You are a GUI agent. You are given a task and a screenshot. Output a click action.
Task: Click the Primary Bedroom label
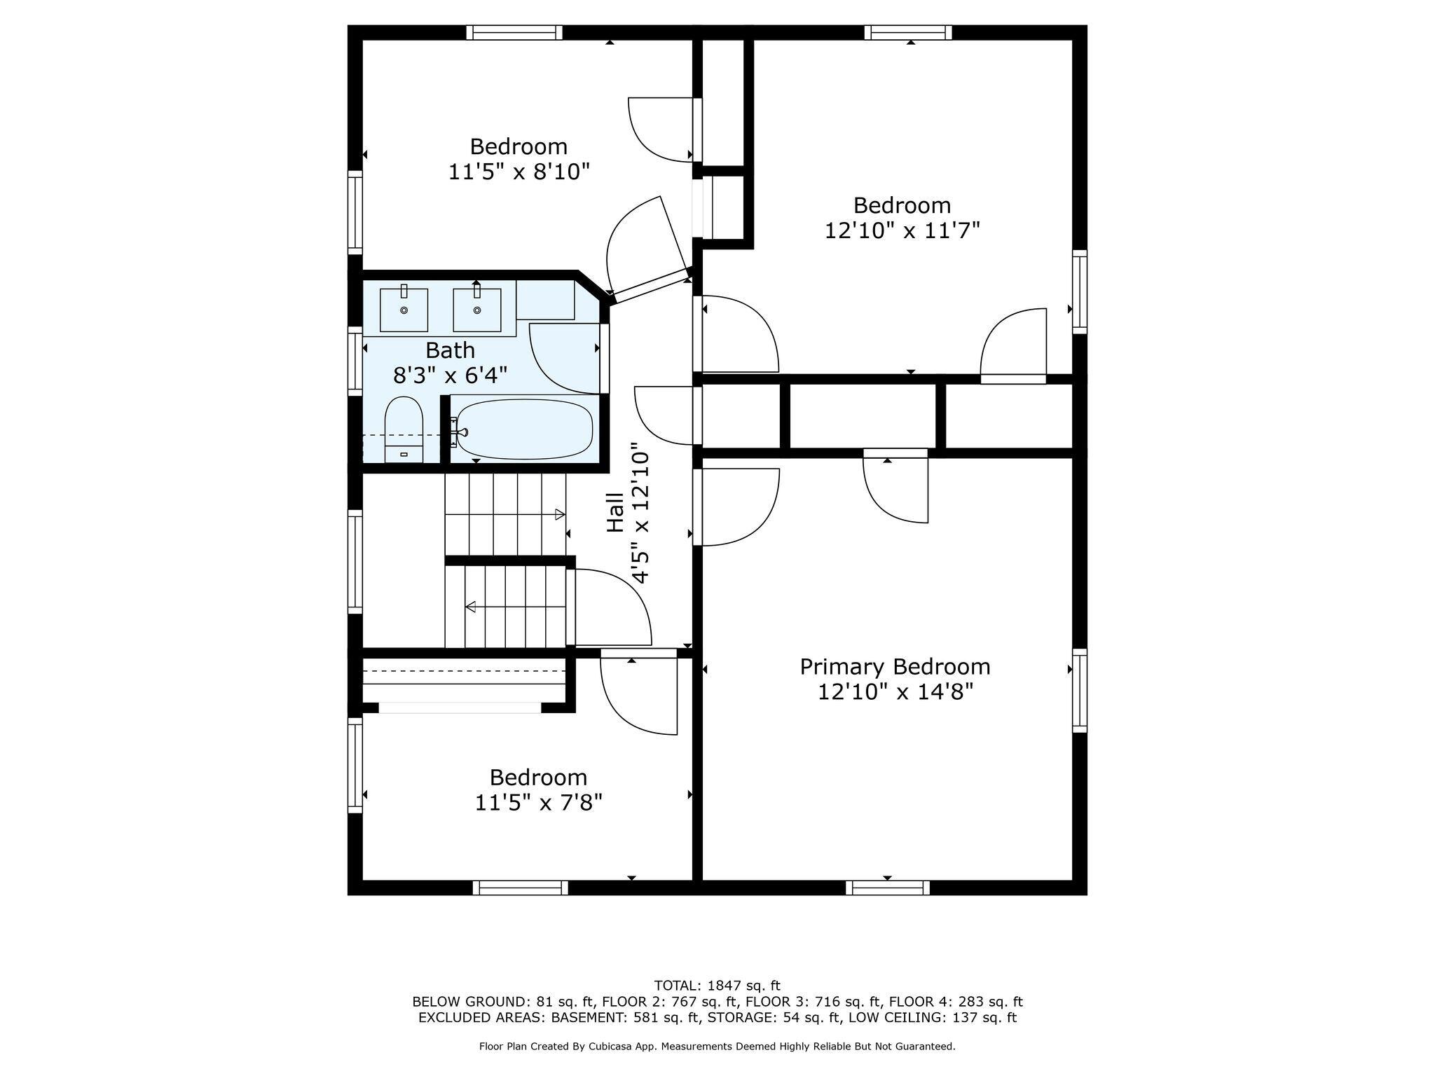tap(895, 666)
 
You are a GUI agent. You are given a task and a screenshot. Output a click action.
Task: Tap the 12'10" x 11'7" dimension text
tap(902, 230)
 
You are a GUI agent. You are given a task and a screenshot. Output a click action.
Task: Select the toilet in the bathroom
tap(404, 429)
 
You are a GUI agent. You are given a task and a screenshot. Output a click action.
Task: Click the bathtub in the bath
tap(525, 429)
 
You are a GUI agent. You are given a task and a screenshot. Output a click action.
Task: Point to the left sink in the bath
tap(404, 310)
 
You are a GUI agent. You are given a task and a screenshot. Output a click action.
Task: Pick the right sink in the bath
tap(477, 310)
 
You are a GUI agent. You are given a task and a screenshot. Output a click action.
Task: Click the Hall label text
tap(615, 512)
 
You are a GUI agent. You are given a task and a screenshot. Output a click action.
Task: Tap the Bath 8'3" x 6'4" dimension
tap(450, 375)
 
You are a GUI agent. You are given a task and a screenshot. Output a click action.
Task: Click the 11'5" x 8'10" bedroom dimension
tap(519, 172)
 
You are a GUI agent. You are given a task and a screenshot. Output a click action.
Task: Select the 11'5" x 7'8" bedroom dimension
tap(538, 802)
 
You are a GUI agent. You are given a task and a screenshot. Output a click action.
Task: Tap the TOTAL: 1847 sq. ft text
tap(717, 986)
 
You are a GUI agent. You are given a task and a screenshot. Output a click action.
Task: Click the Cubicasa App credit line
tap(717, 1047)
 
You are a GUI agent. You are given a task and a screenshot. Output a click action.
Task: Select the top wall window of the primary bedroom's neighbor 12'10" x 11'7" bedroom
tap(908, 32)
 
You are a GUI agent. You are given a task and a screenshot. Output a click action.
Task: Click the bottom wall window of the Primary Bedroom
tap(888, 888)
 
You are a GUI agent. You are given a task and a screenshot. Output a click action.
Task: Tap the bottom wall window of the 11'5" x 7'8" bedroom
tap(521, 888)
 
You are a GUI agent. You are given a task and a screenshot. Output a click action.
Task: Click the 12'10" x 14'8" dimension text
tap(895, 692)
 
